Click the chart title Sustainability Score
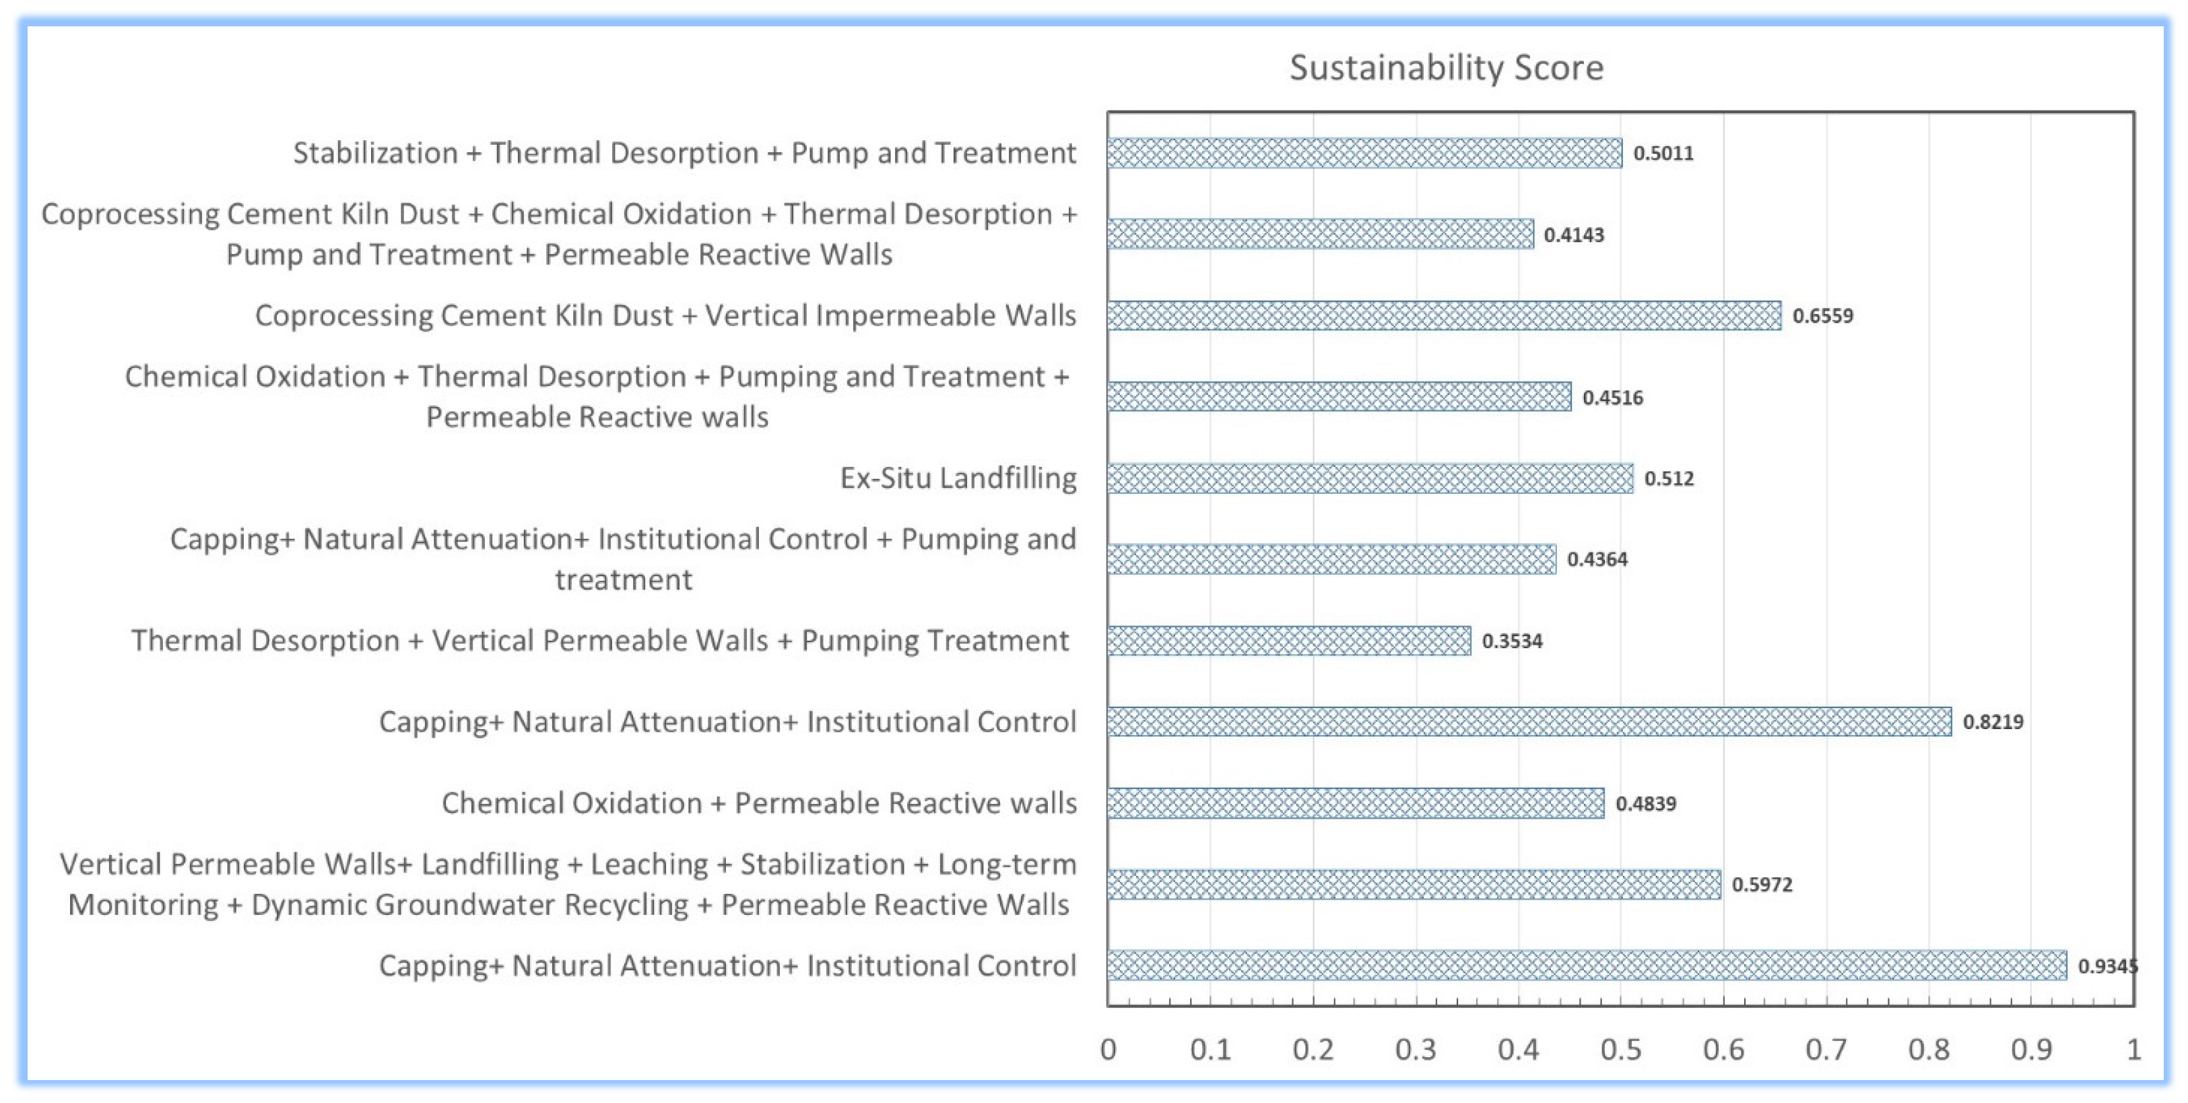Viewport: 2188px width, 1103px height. point(1446,68)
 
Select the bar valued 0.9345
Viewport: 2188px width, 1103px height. point(1586,966)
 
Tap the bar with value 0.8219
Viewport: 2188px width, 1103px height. point(1529,722)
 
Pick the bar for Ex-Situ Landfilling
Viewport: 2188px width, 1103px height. point(1369,478)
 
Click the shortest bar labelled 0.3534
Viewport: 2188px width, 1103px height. point(1288,641)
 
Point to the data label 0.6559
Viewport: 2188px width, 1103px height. point(1823,316)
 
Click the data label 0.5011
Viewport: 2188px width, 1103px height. point(1663,154)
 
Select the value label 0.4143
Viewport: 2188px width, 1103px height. point(1574,235)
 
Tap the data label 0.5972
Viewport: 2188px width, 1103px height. point(1762,885)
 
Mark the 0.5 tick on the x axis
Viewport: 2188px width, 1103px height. point(1620,1050)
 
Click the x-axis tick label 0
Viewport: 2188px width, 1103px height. point(1108,1050)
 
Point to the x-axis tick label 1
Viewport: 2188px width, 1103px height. point(2133,1050)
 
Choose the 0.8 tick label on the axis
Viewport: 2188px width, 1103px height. point(1928,1050)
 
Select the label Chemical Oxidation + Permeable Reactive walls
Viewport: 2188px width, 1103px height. point(758,803)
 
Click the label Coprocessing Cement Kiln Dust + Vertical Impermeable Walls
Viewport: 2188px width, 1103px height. point(665,315)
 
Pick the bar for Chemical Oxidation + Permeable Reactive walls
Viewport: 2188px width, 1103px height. point(1356,803)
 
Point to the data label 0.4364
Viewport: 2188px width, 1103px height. point(1597,560)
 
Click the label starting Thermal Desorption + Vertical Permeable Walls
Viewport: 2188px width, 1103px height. point(599,641)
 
